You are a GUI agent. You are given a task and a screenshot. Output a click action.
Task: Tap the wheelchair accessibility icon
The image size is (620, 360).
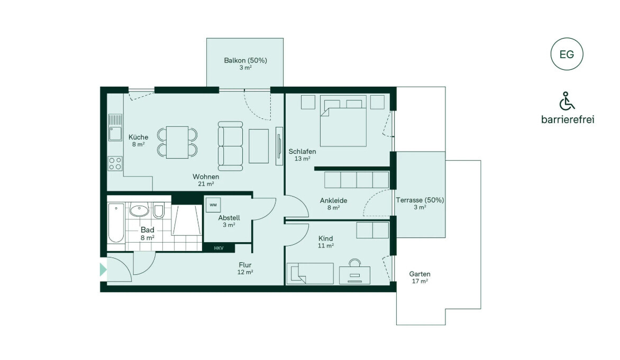567,101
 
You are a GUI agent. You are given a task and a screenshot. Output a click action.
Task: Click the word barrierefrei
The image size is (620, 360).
568,119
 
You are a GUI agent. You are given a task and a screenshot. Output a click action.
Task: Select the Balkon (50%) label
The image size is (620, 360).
245,60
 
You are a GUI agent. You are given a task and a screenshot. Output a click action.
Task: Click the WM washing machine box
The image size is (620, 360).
213,205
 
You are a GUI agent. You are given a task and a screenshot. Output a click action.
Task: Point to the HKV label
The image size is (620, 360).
218,248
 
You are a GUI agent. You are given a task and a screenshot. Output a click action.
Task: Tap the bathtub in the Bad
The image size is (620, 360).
116,223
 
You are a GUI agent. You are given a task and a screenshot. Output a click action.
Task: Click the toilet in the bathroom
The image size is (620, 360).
159,211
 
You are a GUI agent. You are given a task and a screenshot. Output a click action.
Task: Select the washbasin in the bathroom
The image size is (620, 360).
139,210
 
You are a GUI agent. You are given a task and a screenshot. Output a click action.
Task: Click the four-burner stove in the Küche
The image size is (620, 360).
115,163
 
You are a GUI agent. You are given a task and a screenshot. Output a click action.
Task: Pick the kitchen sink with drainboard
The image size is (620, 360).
115,127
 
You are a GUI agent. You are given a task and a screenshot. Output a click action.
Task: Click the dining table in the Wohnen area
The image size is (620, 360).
177,142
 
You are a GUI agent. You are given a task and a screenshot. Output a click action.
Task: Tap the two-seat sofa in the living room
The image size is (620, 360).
231,146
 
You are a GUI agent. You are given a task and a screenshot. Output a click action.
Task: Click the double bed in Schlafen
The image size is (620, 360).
343,121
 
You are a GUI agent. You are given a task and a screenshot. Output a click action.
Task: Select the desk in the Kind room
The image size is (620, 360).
354,275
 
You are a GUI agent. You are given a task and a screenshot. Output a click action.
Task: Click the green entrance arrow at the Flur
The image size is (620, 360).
103,270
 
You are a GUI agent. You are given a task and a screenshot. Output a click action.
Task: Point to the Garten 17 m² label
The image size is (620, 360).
420,277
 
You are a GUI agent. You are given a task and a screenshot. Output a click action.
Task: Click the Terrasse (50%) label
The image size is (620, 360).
420,200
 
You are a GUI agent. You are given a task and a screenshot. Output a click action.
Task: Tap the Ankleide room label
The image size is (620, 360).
333,200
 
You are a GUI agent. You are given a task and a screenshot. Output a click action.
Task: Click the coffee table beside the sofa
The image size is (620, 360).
259,146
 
